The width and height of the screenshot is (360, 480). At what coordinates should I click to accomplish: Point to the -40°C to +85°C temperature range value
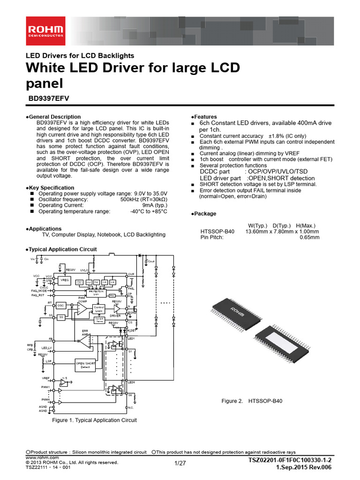[x=149, y=211]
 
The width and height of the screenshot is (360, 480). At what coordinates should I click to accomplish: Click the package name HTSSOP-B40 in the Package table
[x=217, y=231]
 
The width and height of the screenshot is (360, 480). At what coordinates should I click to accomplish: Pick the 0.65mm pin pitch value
[x=309, y=237]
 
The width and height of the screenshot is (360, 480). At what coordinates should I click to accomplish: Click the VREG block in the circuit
[x=65, y=280]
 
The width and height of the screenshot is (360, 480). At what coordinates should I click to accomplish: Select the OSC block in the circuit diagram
[x=61, y=305]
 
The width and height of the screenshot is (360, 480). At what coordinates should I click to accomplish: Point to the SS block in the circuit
[x=61, y=317]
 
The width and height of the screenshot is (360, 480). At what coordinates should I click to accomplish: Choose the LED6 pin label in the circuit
[x=132, y=382]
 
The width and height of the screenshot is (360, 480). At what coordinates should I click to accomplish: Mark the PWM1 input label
[x=45, y=387]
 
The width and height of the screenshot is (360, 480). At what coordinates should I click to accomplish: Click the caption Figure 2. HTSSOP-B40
[x=252, y=401]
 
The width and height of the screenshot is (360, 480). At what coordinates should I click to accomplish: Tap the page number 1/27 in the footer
[x=180, y=464]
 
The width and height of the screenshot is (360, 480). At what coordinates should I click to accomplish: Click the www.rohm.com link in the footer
[x=42, y=457]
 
